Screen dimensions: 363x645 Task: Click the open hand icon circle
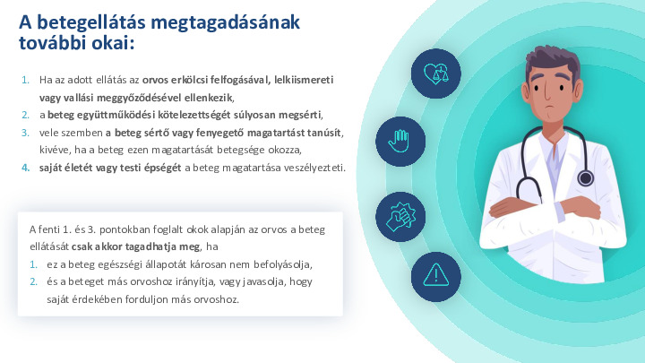tap(400, 140)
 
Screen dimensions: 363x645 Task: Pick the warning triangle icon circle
tap(436, 274)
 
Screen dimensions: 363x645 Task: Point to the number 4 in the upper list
tap(25, 168)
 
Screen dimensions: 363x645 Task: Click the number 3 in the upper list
tap(25, 132)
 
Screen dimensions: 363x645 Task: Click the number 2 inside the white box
tap(33, 281)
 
